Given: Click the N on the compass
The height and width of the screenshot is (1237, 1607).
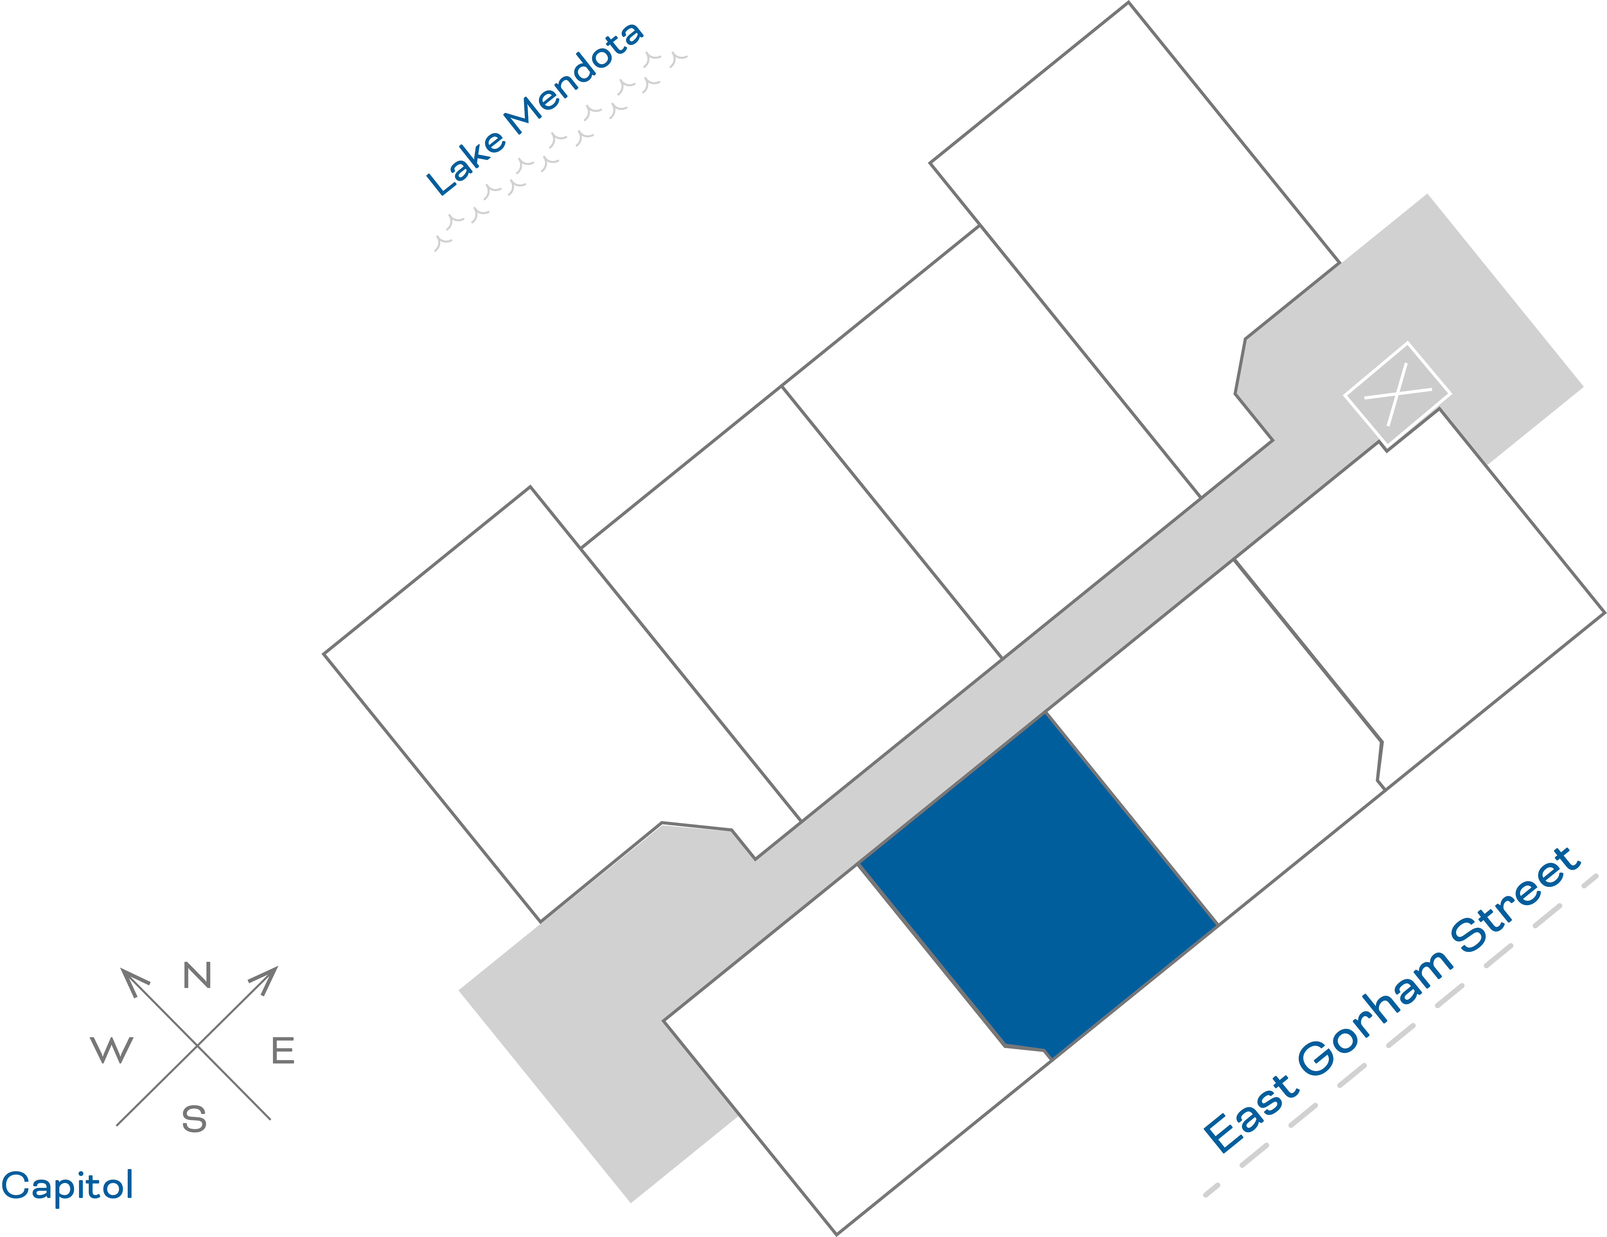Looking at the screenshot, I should pyautogui.click(x=197, y=976).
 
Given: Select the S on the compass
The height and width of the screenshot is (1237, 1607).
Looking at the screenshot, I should pyautogui.click(x=194, y=1119).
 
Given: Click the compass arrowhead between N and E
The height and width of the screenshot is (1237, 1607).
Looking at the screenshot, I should pyautogui.click(x=265, y=979).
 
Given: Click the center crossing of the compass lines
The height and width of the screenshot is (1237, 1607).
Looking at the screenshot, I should pyautogui.click(x=197, y=1045).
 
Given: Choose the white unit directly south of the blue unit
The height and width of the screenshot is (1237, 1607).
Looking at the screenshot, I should pyautogui.click(x=846, y=1045).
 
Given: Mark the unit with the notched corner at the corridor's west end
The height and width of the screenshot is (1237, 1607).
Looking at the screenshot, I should pyautogui.click(x=559, y=706).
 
